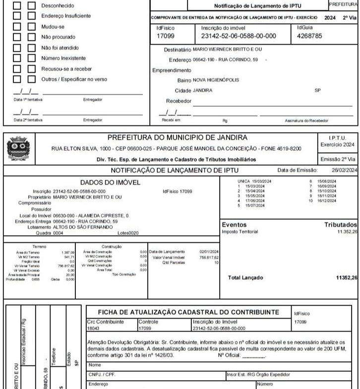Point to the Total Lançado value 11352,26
pos(346,278)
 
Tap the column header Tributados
pos(340,225)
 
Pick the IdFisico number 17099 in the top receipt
pos(165,36)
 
